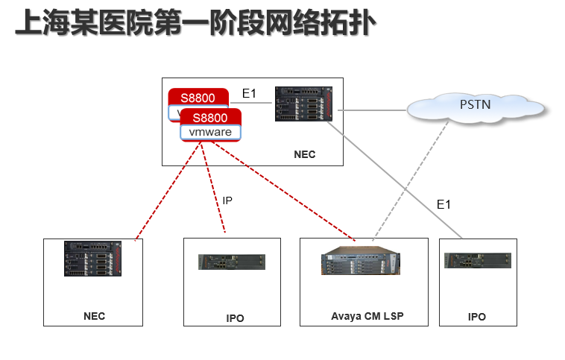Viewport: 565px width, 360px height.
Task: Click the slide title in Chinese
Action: (x=195, y=24)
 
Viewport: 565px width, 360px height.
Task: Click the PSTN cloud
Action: (x=475, y=106)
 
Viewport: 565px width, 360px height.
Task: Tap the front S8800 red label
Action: (x=210, y=117)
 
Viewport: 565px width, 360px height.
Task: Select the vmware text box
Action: (x=210, y=133)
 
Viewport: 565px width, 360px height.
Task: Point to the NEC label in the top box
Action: (x=305, y=155)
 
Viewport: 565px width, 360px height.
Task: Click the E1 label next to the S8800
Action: (x=249, y=93)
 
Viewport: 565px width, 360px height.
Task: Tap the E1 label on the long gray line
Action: (x=444, y=204)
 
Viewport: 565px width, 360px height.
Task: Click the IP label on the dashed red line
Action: (x=228, y=200)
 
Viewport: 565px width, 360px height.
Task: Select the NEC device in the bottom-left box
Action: (x=92, y=259)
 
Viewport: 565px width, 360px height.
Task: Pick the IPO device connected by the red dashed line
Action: (x=231, y=262)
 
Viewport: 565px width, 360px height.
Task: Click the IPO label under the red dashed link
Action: (x=235, y=318)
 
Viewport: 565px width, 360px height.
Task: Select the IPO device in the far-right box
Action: (x=477, y=261)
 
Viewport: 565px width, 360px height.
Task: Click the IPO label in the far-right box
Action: (x=477, y=317)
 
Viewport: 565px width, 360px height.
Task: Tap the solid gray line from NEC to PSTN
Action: (x=373, y=110)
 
